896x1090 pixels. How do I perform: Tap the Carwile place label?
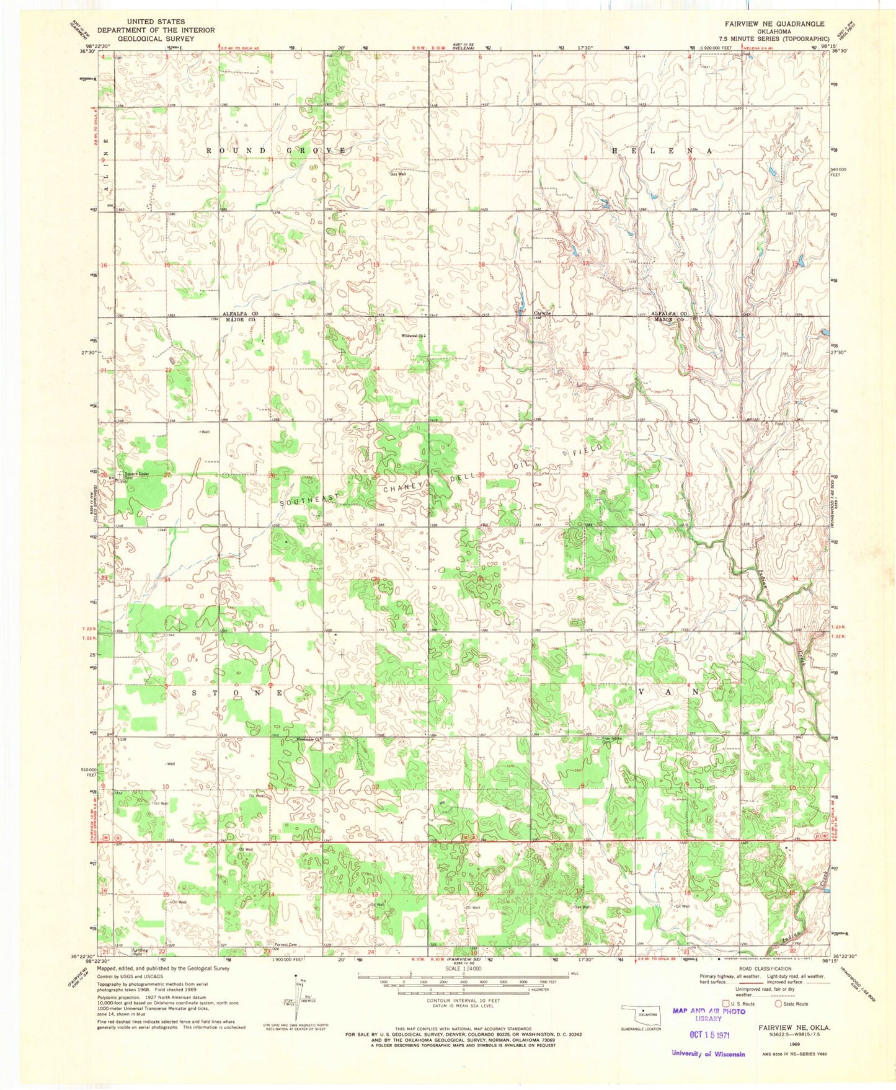(x=543, y=313)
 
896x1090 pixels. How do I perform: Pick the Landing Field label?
(x=142, y=952)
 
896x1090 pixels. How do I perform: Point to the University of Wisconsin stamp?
(x=707, y=1053)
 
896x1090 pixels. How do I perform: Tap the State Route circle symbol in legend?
(x=778, y=1003)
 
